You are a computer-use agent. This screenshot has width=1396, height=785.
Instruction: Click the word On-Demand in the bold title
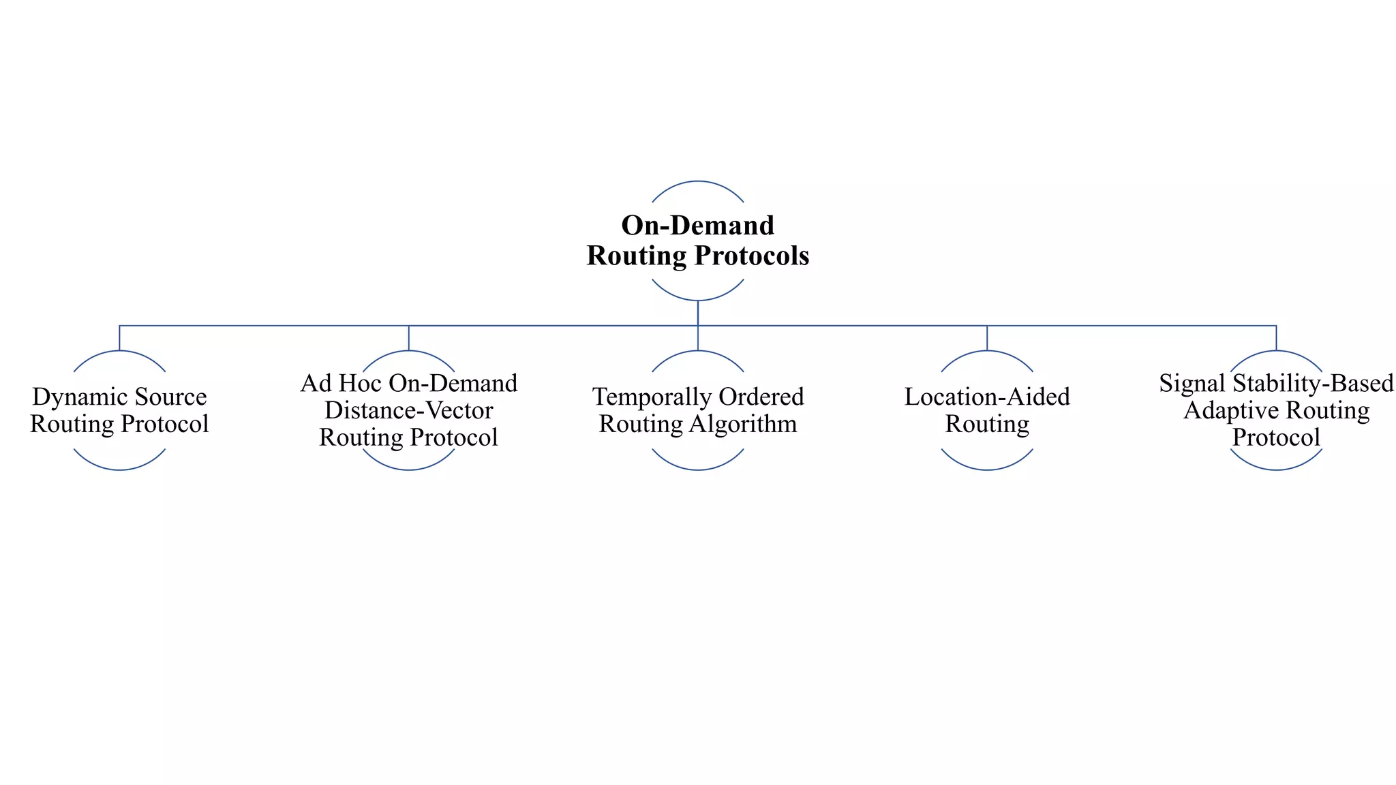point(697,226)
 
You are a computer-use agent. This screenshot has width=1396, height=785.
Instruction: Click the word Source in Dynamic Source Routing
point(170,397)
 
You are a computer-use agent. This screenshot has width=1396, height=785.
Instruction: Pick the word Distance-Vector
point(408,410)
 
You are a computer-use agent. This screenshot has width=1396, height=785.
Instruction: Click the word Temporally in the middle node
point(637,397)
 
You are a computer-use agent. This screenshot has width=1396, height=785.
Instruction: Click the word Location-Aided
point(986,397)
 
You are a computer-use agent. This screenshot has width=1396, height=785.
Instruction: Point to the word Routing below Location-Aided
point(986,424)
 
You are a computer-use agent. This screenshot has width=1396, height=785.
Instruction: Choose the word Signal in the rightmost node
point(1183,384)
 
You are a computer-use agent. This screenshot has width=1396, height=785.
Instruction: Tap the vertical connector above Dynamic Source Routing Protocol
point(119,338)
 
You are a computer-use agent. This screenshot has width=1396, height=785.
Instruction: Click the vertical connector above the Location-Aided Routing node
point(987,338)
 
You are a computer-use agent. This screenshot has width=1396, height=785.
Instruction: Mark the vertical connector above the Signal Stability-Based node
point(1276,338)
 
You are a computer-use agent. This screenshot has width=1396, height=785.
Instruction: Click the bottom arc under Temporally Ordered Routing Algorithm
point(697,469)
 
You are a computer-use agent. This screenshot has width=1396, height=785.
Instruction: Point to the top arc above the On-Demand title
point(697,181)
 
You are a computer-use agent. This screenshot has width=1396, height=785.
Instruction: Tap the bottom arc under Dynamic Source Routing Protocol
point(119,469)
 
